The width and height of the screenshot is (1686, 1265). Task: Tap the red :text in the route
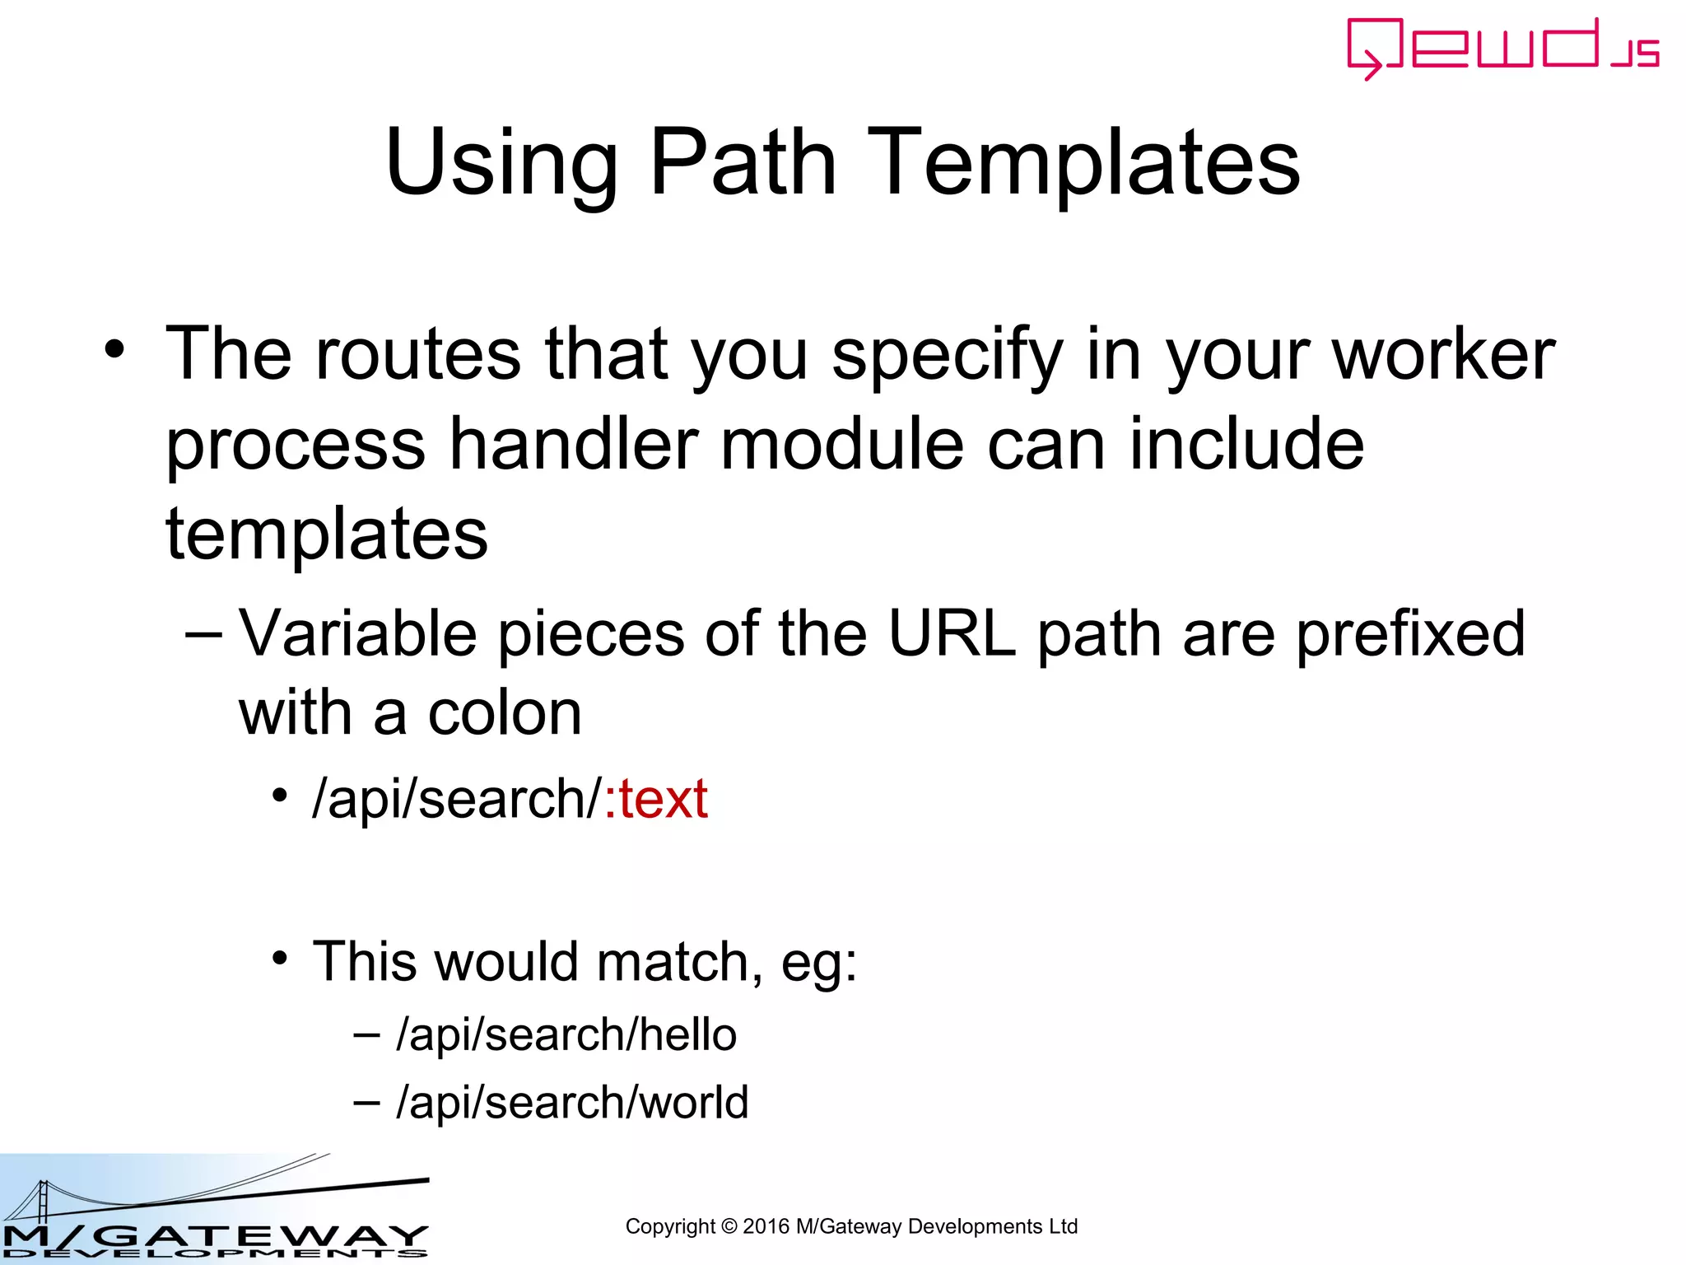tap(656, 799)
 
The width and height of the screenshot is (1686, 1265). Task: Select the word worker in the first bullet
tap(1443, 354)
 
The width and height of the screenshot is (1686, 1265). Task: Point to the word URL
tap(952, 634)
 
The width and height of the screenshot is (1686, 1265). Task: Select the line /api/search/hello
tap(566, 1034)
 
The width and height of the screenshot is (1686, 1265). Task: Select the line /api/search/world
tap(571, 1102)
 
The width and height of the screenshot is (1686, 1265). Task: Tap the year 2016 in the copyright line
tap(766, 1226)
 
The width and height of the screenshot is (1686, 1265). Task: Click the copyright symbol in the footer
tap(729, 1226)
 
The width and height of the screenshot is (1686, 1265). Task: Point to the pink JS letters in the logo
tap(1635, 53)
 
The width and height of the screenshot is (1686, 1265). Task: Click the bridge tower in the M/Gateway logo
tap(42, 1202)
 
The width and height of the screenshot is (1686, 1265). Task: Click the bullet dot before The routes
tap(114, 349)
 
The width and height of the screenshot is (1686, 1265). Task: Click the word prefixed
tap(1410, 634)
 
